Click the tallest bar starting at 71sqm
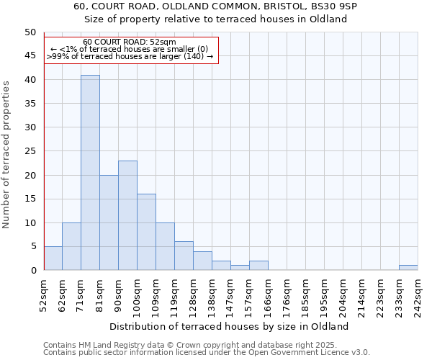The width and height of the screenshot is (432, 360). [x=90, y=173]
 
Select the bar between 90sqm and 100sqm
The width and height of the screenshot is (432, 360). [x=127, y=215]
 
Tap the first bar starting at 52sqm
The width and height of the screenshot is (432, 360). [x=53, y=258]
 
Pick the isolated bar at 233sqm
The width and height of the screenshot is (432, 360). [x=408, y=267]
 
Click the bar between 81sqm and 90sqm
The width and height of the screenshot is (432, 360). [x=109, y=222]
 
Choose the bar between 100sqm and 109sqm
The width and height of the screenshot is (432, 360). [x=146, y=232]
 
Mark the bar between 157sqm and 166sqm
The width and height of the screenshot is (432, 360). [x=258, y=265]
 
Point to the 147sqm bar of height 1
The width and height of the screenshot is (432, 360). [x=240, y=267]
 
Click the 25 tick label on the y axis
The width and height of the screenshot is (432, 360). [x=30, y=151]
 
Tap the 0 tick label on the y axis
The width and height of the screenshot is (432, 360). [x=32, y=270]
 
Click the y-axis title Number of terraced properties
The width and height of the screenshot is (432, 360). [x=6, y=154]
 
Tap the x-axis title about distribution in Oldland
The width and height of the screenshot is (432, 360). [x=230, y=326]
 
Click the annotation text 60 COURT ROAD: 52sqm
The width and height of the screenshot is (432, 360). [x=130, y=42]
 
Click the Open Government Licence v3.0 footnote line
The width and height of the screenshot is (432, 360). [x=207, y=352]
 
